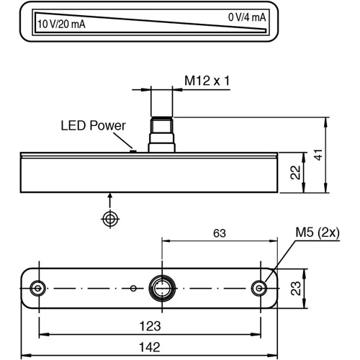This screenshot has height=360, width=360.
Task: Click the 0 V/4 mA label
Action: (247, 17)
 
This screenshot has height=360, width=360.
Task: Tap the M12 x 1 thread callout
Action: (207, 81)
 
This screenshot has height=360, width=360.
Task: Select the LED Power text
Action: (93, 125)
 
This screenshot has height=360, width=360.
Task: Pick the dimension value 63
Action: (219, 233)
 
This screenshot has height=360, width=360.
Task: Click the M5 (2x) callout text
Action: (317, 232)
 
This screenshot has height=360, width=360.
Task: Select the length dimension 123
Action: (148, 325)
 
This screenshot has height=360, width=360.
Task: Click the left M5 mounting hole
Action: (37, 287)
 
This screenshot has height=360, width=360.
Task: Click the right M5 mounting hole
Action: (260, 287)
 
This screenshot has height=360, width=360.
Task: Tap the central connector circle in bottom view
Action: (161, 287)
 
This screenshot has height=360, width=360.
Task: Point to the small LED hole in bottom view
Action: (133, 288)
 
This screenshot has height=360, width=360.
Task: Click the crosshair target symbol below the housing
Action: (109, 218)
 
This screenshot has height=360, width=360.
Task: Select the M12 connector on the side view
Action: (161, 134)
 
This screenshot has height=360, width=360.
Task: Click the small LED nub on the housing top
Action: (132, 150)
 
